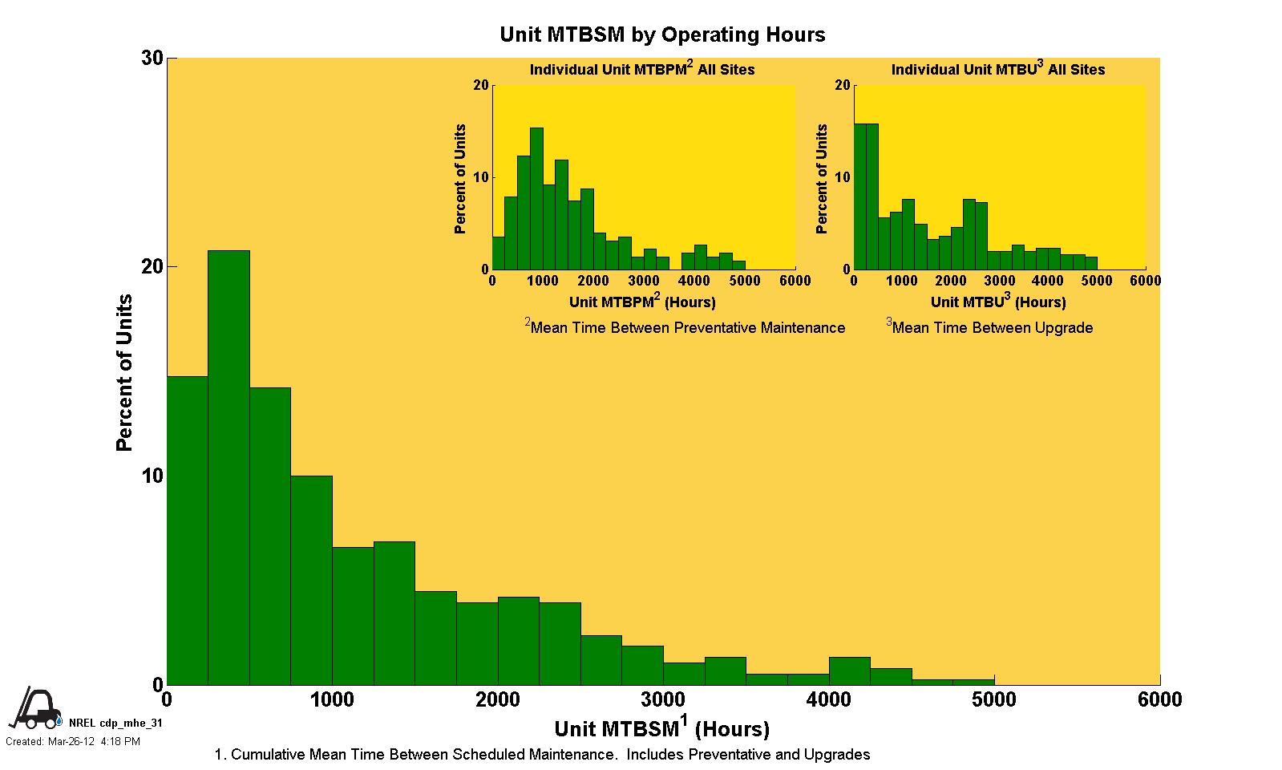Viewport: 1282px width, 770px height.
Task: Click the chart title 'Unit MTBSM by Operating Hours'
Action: (662, 34)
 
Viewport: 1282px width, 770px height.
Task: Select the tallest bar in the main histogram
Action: (228, 467)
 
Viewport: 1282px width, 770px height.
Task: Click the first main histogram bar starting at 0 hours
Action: (187, 529)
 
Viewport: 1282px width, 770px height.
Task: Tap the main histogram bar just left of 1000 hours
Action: (311, 579)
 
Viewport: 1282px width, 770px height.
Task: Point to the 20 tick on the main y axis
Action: (152, 267)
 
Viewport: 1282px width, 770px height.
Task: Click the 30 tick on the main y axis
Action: (152, 59)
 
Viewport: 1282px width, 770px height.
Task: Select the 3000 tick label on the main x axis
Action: (663, 700)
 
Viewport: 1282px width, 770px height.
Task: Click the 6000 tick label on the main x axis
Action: (1159, 700)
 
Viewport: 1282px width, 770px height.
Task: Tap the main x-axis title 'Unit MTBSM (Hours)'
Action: (661, 727)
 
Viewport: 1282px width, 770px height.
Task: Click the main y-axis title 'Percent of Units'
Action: (124, 373)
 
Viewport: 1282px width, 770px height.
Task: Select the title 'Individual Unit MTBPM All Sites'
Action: (642, 70)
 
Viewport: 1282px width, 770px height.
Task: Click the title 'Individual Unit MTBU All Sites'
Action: (998, 70)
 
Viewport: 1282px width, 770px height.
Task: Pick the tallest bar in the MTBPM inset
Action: (536, 198)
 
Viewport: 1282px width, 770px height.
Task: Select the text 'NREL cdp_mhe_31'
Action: (115, 723)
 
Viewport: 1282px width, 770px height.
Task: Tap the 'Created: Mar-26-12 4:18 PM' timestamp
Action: (73, 742)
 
